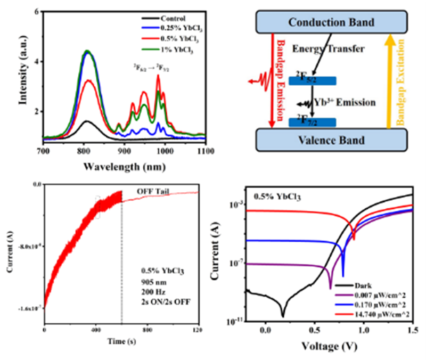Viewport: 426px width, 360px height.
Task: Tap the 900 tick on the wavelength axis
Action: point(124,151)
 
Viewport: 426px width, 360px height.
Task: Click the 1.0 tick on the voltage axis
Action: point(364,331)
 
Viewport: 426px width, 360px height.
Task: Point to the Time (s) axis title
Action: point(122,339)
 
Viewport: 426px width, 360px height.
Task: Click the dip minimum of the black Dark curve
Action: point(283,315)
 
